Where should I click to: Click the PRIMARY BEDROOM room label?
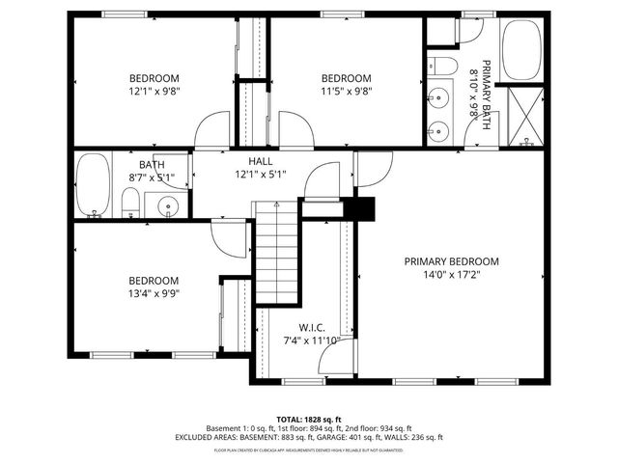click(451, 261)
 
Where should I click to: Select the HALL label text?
click(260, 161)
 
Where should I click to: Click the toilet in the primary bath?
click(443, 66)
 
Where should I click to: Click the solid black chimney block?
click(364, 207)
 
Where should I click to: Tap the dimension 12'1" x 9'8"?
click(154, 92)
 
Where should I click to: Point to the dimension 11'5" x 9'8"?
click(346, 92)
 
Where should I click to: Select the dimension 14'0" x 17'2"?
click(451, 275)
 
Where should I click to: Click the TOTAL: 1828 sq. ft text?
click(308, 419)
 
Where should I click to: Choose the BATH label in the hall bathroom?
click(152, 164)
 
